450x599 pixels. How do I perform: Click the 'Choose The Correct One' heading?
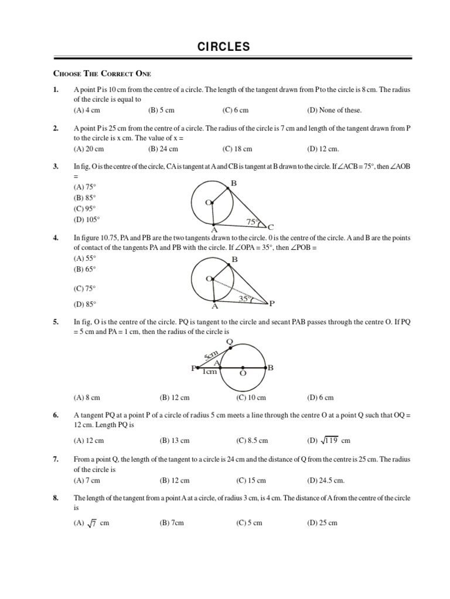click(102, 73)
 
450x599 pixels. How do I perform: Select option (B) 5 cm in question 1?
click(161, 110)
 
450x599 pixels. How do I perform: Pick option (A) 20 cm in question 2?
click(88, 149)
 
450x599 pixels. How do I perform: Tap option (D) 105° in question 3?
click(87, 219)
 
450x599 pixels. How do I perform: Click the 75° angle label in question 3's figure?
click(252, 222)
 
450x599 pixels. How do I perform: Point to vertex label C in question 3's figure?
click(271, 227)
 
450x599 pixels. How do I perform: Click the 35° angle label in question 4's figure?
click(245, 299)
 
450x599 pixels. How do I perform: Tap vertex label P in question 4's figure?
click(271, 303)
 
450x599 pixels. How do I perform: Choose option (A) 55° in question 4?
click(84, 258)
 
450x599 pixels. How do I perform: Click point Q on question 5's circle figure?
click(229, 342)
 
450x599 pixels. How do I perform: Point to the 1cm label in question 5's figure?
click(210, 372)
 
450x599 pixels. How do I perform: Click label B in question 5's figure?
click(270, 368)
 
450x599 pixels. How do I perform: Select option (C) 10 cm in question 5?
click(251, 398)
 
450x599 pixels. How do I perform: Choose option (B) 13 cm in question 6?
click(175, 440)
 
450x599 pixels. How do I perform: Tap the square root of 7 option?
click(91, 524)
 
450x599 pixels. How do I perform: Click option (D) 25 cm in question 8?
click(322, 523)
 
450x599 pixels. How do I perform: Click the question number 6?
click(56, 415)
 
